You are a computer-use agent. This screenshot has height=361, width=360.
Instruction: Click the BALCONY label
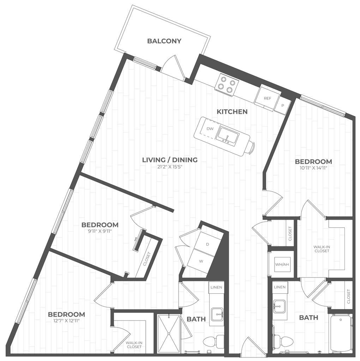click(x=164, y=41)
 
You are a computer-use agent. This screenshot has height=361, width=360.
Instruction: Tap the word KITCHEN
click(x=232, y=112)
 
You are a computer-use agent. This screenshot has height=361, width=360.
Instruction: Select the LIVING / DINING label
click(x=169, y=160)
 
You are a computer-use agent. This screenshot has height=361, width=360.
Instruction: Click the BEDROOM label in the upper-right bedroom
click(x=314, y=162)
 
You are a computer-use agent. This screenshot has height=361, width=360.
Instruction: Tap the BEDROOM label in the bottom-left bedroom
click(x=66, y=314)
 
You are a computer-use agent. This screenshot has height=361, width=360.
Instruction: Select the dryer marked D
click(x=207, y=243)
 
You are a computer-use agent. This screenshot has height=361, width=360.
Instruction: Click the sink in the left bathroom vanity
click(x=217, y=312)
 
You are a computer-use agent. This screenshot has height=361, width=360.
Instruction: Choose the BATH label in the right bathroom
click(x=309, y=318)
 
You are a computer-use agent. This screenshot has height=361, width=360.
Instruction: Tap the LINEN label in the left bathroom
click(x=216, y=287)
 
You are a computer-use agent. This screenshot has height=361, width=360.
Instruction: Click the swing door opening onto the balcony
click(x=175, y=65)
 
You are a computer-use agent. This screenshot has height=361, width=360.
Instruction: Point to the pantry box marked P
click(x=282, y=105)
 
